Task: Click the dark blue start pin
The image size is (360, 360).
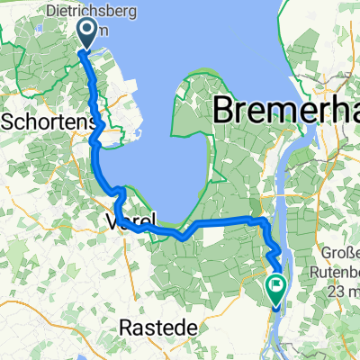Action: coord(88,34)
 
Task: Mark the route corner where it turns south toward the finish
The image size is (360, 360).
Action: coord(261,220)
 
